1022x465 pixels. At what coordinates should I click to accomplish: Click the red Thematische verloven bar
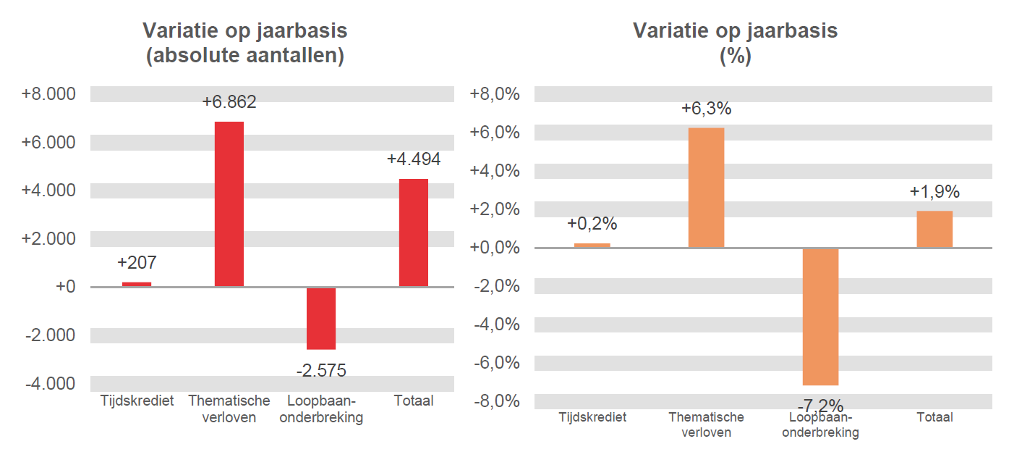(229, 204)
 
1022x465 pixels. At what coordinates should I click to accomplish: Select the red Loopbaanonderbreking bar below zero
(321, 318)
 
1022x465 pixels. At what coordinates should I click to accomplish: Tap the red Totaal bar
(413, 232)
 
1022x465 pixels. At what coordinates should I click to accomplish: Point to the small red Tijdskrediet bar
(137, 284)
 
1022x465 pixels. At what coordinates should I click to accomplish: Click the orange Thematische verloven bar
(706, 188)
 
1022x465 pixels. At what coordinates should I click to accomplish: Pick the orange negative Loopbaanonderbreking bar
(820, 317)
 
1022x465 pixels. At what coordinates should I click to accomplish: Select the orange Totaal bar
(934, 229)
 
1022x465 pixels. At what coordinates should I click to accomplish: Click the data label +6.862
(229, 102)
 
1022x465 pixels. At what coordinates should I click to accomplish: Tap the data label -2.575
(321, 371)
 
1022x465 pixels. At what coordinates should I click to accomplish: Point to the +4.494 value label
(413, 159)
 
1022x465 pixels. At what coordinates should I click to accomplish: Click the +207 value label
(137, 262)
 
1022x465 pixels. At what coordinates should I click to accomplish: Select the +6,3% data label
(706, 109)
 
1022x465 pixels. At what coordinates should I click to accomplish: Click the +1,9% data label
(934, 192)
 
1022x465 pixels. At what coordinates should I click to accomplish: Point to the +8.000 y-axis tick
(48, 94)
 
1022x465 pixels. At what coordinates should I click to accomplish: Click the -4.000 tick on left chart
(50, 383)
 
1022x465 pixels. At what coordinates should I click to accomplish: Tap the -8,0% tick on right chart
(495, 401)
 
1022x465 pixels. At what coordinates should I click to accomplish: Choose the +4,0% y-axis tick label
(495, 171)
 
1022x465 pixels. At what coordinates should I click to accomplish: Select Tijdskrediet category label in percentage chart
(592, 417)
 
